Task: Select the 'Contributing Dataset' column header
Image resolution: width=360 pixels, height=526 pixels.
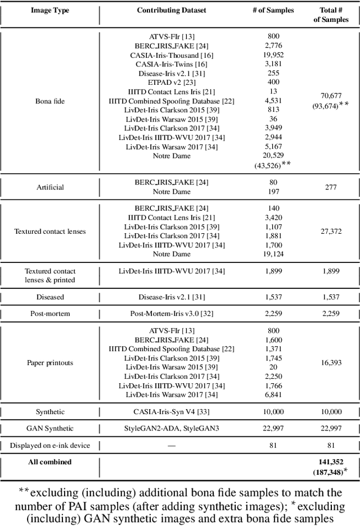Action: (x=171, y=11)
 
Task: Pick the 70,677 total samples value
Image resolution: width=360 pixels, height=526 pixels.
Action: (x=330, y=96)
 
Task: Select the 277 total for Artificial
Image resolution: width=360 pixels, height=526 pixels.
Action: (x=330, y=187)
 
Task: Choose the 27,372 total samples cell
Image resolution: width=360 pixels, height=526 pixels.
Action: (x=330, y=231)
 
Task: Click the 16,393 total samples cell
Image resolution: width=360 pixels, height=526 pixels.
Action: (x=330, y=362)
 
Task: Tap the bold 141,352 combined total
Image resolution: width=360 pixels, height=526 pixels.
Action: (x=330, y=462)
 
